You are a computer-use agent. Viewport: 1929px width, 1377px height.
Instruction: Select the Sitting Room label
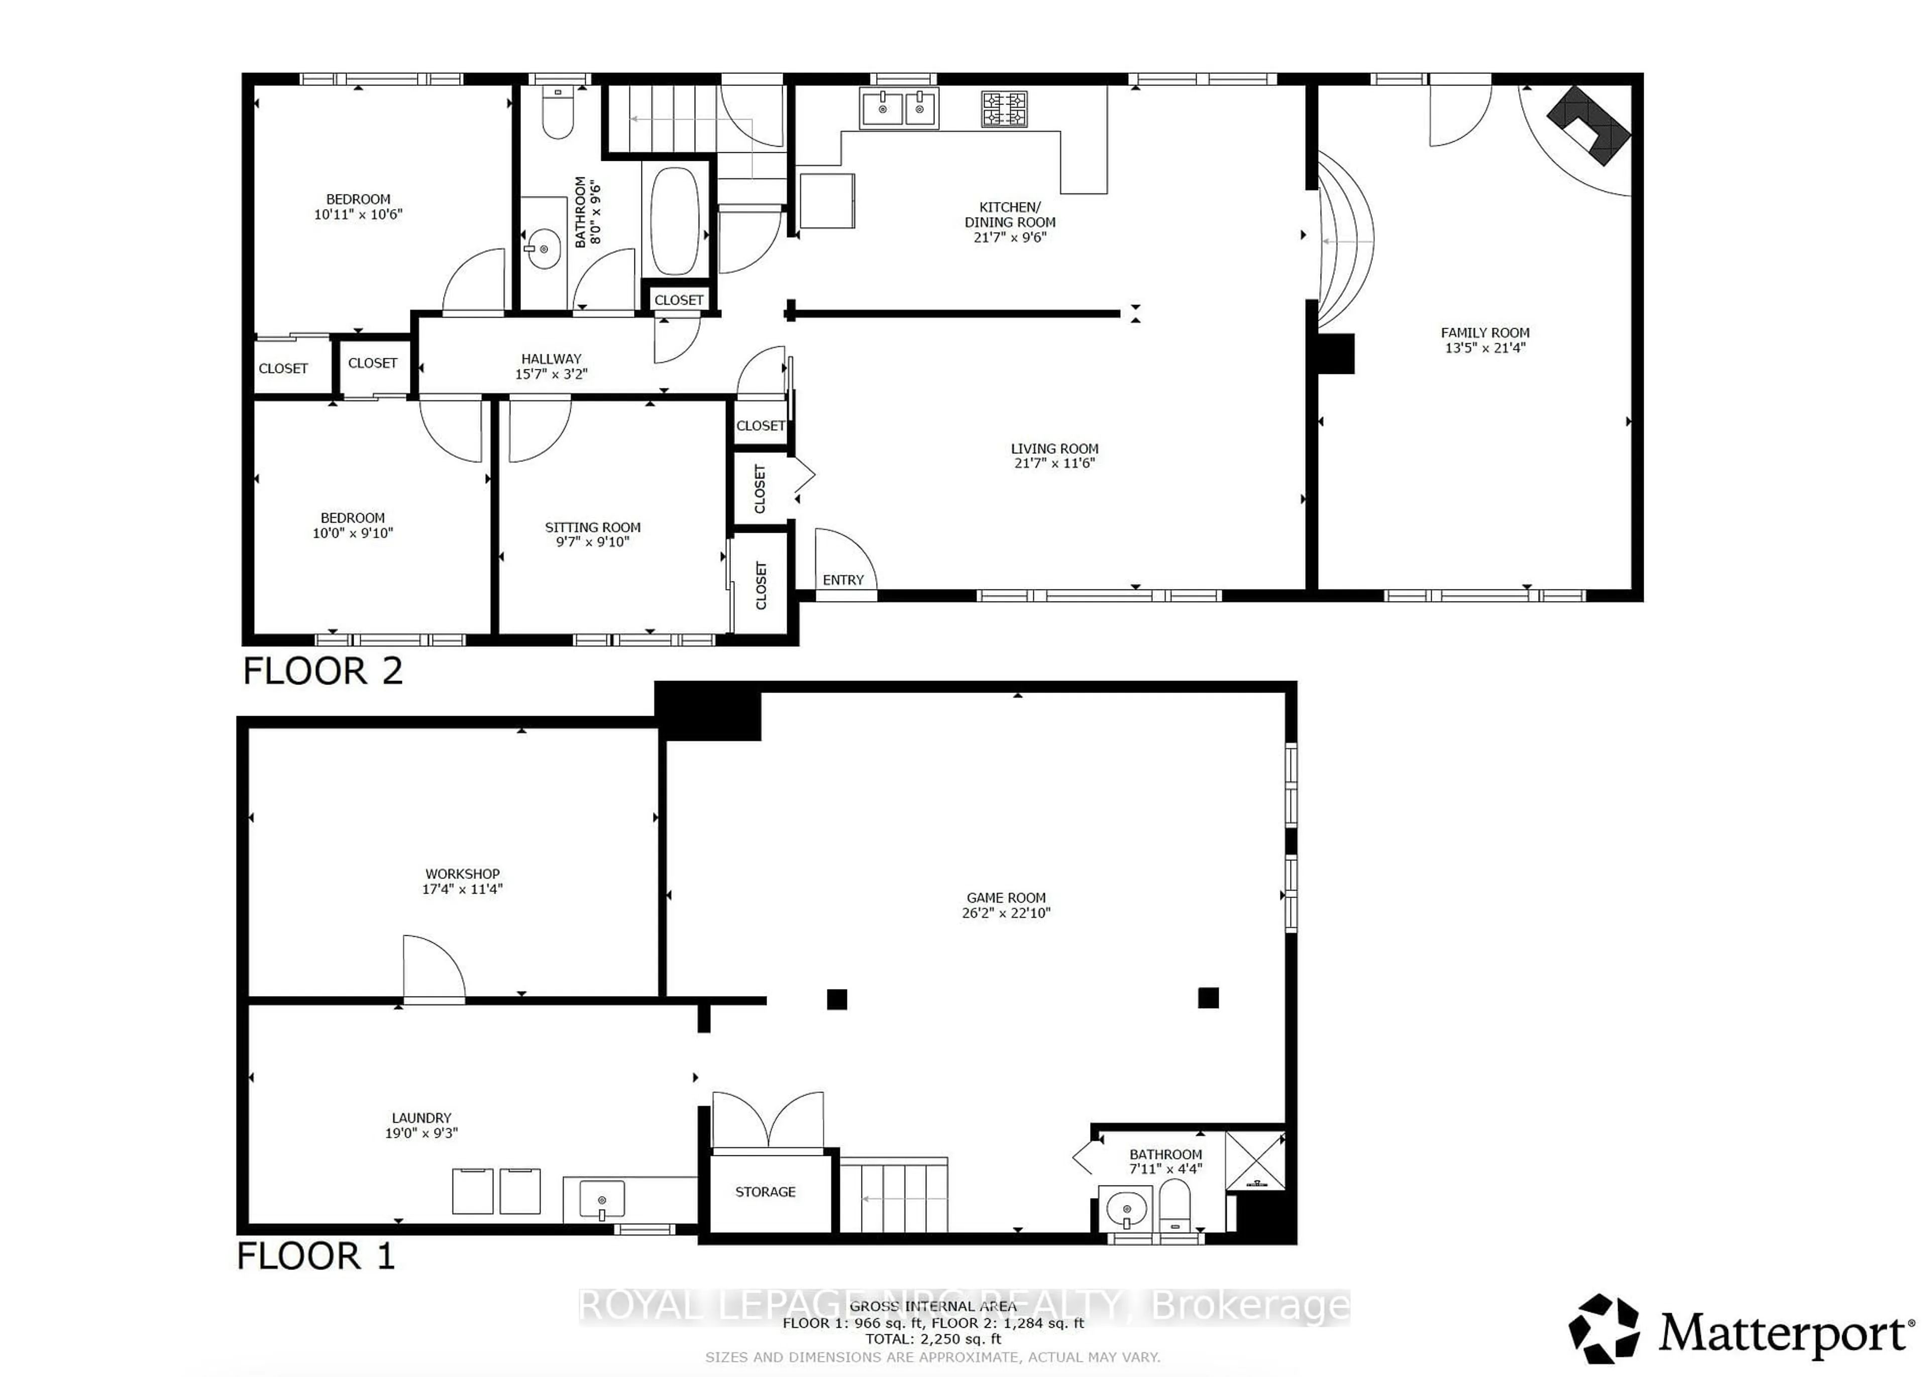coord(592,527)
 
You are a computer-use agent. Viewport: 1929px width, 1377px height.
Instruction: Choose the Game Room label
coord(1006,897)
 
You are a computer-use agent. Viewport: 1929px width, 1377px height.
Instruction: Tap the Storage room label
coord(766,1192)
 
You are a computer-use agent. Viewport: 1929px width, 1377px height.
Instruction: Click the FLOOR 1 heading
coord(315,1256)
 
